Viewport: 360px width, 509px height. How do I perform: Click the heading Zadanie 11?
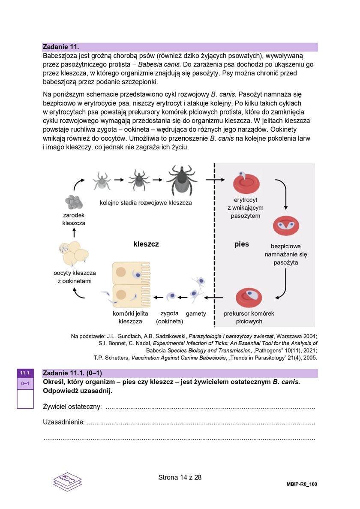61,47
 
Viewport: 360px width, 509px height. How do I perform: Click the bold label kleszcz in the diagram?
146,244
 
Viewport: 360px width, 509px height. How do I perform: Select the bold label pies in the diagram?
241,244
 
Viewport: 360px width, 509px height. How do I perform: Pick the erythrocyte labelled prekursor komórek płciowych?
249,298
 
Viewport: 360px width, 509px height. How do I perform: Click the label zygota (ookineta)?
170,317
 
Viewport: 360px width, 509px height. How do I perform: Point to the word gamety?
196,313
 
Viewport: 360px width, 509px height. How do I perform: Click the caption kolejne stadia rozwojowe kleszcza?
146,202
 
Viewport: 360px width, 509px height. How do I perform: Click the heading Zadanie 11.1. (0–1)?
72,373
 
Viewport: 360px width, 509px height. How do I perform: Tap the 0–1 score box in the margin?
25,383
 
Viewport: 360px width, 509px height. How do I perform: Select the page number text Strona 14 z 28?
180,477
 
